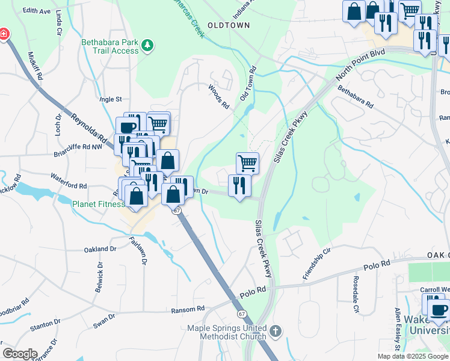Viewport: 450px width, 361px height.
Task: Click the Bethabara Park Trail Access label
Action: [110, 47]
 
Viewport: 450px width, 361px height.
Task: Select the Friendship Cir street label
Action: [318, 265]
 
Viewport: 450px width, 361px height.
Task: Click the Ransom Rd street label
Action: [188, 309]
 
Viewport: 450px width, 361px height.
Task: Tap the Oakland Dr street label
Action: [100, 248]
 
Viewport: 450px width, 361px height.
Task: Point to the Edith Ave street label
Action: [37, 11]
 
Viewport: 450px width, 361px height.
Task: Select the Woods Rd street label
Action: [219, 97]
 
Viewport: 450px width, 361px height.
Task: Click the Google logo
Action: [20, 354]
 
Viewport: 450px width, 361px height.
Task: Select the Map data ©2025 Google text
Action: [412, 356]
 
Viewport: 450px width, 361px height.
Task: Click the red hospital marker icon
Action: [3, 34]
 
